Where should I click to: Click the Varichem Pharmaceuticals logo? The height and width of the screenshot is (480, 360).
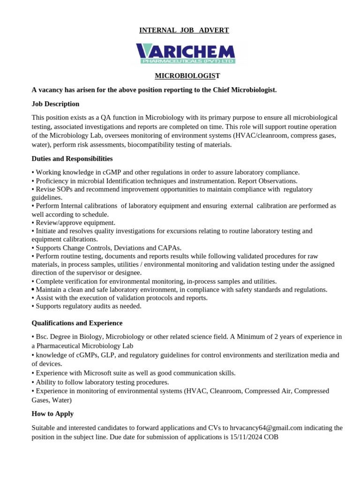coord(186,53)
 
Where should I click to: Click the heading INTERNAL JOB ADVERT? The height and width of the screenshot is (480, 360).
coord(184,30)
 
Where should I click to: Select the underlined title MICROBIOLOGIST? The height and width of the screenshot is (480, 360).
coord(187,76)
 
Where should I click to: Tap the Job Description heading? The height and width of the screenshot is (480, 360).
coord(55,104)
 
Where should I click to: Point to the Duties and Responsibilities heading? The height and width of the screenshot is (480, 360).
coord(72,159)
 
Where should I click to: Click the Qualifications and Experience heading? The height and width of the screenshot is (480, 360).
coord(77,323)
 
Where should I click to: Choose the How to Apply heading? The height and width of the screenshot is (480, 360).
coord(52,414)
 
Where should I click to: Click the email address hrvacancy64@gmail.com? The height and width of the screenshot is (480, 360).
coord(266,428)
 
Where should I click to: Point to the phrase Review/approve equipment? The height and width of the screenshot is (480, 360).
coord(75,223)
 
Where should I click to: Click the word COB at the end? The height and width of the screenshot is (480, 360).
coord(271,437)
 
